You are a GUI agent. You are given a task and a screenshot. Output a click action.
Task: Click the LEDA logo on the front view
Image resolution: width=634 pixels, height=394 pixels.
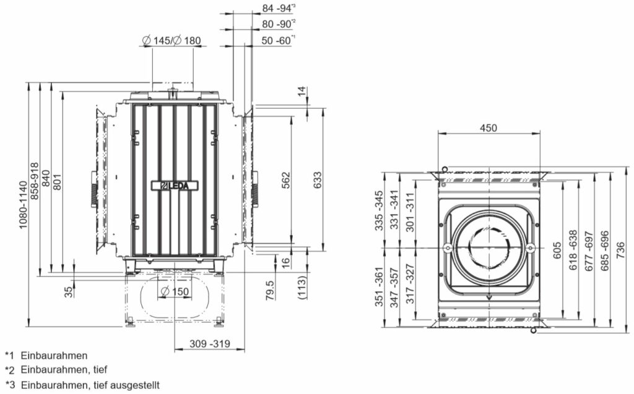click(x=175, y=185)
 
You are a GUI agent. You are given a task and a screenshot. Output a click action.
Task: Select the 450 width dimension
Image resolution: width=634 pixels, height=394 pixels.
click(x=489, y=128)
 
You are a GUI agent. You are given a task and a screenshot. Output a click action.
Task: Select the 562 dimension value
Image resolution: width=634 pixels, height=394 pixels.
click(x=285, y=180)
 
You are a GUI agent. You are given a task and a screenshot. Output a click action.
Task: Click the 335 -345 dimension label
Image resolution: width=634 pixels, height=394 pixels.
click(x=379, y=210)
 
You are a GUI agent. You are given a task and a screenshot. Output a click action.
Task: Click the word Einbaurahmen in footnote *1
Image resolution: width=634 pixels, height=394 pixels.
click(x=54, y=356)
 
